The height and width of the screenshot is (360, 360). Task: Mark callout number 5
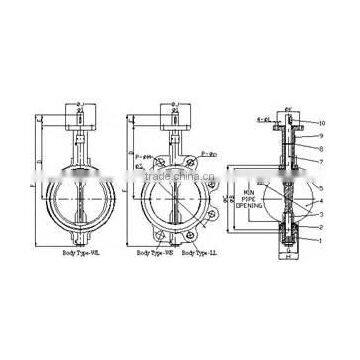[x=321, y=188]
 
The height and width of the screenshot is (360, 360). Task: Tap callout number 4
[x=321, y=203]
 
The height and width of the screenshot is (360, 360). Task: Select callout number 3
[x=321, y=214]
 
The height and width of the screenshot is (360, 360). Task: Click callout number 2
[x=321, y=226]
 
